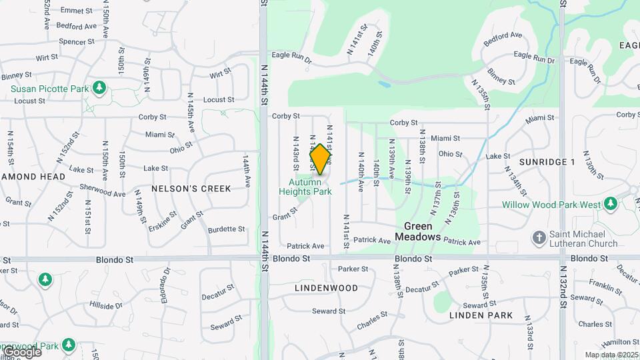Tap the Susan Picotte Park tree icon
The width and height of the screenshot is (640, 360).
coord(99,88)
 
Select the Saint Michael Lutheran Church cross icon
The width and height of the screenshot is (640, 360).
coord(539,237)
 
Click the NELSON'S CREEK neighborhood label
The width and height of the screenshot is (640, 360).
coord(191,189)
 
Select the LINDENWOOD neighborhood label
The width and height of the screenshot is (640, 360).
coord(326,288)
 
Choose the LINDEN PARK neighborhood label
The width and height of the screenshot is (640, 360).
coord(481,315)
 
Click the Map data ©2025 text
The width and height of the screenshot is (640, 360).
coord(611,355)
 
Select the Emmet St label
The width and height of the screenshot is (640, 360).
coord(76,11)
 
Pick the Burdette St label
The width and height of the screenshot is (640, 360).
coord(227,229)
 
